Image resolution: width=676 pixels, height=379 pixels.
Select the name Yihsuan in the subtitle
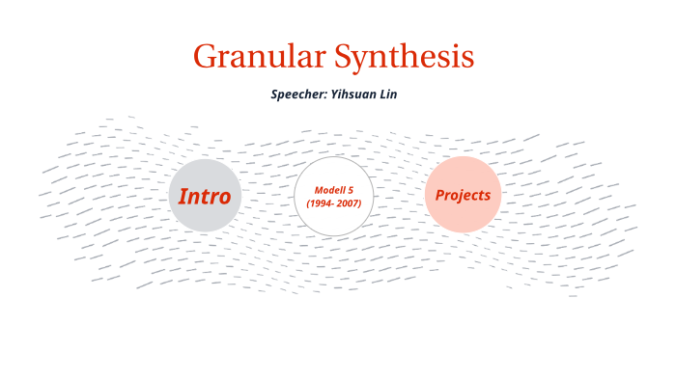[x=356, y=95]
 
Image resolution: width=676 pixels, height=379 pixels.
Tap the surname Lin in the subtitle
[x=388, y=95]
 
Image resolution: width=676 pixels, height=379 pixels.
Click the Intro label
[x=205, y=197]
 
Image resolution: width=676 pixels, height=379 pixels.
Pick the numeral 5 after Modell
[x=350, y=190]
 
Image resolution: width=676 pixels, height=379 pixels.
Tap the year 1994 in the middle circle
[x=322, y=204]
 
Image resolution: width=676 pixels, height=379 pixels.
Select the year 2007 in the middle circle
[x=347, y=204]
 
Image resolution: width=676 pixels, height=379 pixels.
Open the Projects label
[x=463, y=195]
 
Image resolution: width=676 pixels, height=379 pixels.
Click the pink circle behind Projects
[x=463, y=217]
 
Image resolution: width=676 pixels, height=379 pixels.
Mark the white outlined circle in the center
[x=333, y=222]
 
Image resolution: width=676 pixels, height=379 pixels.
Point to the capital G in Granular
[x=204, y=57]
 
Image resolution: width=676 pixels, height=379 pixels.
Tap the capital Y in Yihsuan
[x=338, y=95]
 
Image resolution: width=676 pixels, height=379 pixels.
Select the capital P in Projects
[x=439, y=195]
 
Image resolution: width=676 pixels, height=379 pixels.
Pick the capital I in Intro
[x=183, y=197]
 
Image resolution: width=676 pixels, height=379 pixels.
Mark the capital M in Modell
[x=319, y=190]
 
